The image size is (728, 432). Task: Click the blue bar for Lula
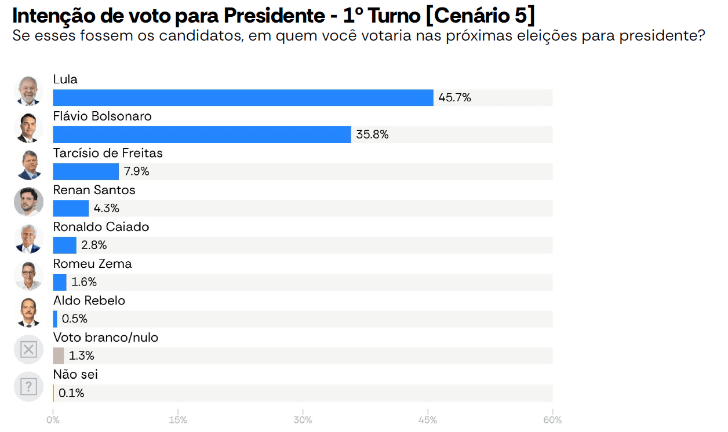(243, 98)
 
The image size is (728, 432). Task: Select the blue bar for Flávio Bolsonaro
(202, 135)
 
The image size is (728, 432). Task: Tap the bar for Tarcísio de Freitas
(86, 171)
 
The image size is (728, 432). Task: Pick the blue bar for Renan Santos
(71, 208)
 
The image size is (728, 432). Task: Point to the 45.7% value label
(454, 98)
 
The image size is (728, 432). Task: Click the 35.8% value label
(372, 135)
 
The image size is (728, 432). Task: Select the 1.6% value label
(84, 283)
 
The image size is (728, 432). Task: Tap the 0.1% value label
(71, 393)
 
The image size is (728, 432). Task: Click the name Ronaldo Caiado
(101, 227)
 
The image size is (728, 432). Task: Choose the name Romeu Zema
(92, 264)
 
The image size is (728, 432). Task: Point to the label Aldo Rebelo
(89, 301)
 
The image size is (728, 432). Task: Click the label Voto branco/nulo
(105, 338)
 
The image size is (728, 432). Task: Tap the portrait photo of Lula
(28, 91)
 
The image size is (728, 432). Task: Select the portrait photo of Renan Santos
(28, 202)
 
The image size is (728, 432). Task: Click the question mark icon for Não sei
(28, 386)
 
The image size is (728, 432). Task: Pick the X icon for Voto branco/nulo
(28, 349)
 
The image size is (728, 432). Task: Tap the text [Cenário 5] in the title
(480, 16)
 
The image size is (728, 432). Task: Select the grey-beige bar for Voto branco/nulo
(58, 356)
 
